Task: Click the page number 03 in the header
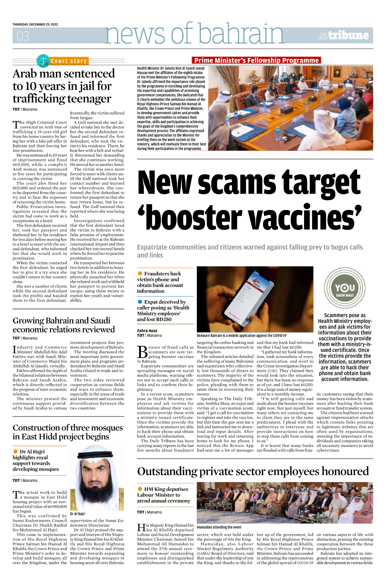tap(23, 36)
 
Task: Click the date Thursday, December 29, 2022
tap(35, 24)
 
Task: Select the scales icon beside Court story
tap(43, 60)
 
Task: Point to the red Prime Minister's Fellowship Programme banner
tap(256, 60)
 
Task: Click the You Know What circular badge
tap(345, 288)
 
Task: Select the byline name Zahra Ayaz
tap(147, 331)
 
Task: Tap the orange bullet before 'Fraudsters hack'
tap(140, 273)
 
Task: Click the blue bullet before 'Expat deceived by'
tap(140, 302)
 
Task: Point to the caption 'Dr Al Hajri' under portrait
tap(77, 514)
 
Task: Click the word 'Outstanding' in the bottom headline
tap(167, 471)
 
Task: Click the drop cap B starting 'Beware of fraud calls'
tap(142, 352)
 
